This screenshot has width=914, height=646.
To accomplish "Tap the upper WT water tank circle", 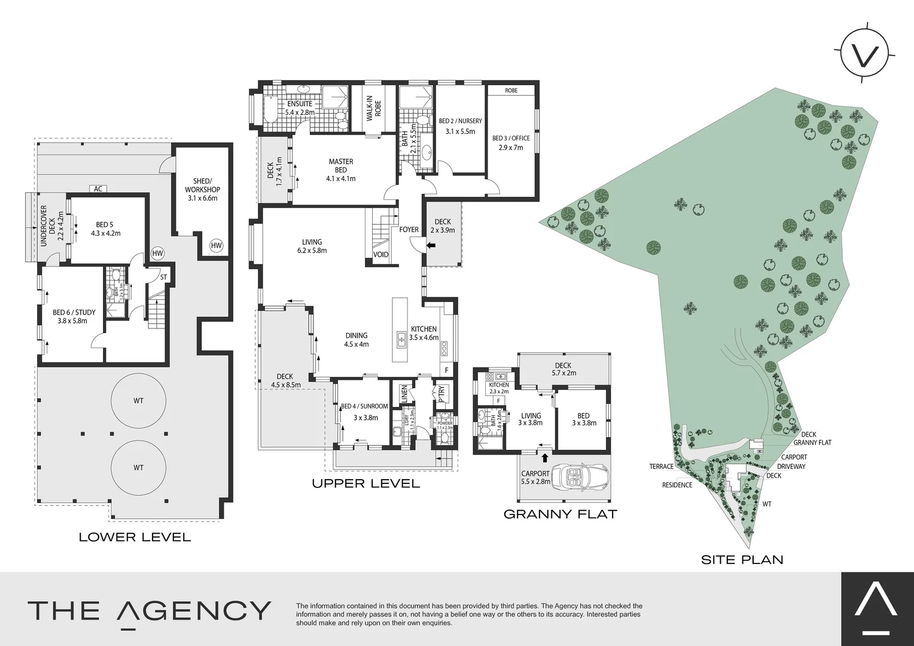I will pyautogui.click(x=138, y=401).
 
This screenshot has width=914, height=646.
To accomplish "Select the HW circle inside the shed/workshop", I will pyautogui.click(x=216, y=245).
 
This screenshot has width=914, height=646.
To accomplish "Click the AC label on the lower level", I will pyautogui.click(x=99, y=189).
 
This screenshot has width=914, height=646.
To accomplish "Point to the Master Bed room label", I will pyautogui.click(x=340, y=170).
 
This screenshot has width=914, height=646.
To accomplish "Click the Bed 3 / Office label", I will pyautogui.click(x=511, y=142).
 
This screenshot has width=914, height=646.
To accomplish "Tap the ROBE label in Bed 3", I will pyautogui.click(x=511, y=90).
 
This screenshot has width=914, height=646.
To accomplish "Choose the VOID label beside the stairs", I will pyautogui.click(x=381, y=255).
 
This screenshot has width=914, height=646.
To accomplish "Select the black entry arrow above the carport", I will pyautogui.click(x=545, y=459).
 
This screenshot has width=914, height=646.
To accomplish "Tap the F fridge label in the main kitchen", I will pyautogui.click(x=446, y=370).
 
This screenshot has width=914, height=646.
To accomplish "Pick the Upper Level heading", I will pyautogui.click(x=366, y=483).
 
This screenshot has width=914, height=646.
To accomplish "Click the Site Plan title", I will pyautogui.click(x=742, y=560).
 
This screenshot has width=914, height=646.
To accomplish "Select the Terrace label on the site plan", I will pyautogui.click(x=661, y=467).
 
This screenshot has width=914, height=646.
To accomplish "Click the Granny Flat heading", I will pyautogui.click(x=560, y=514).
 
